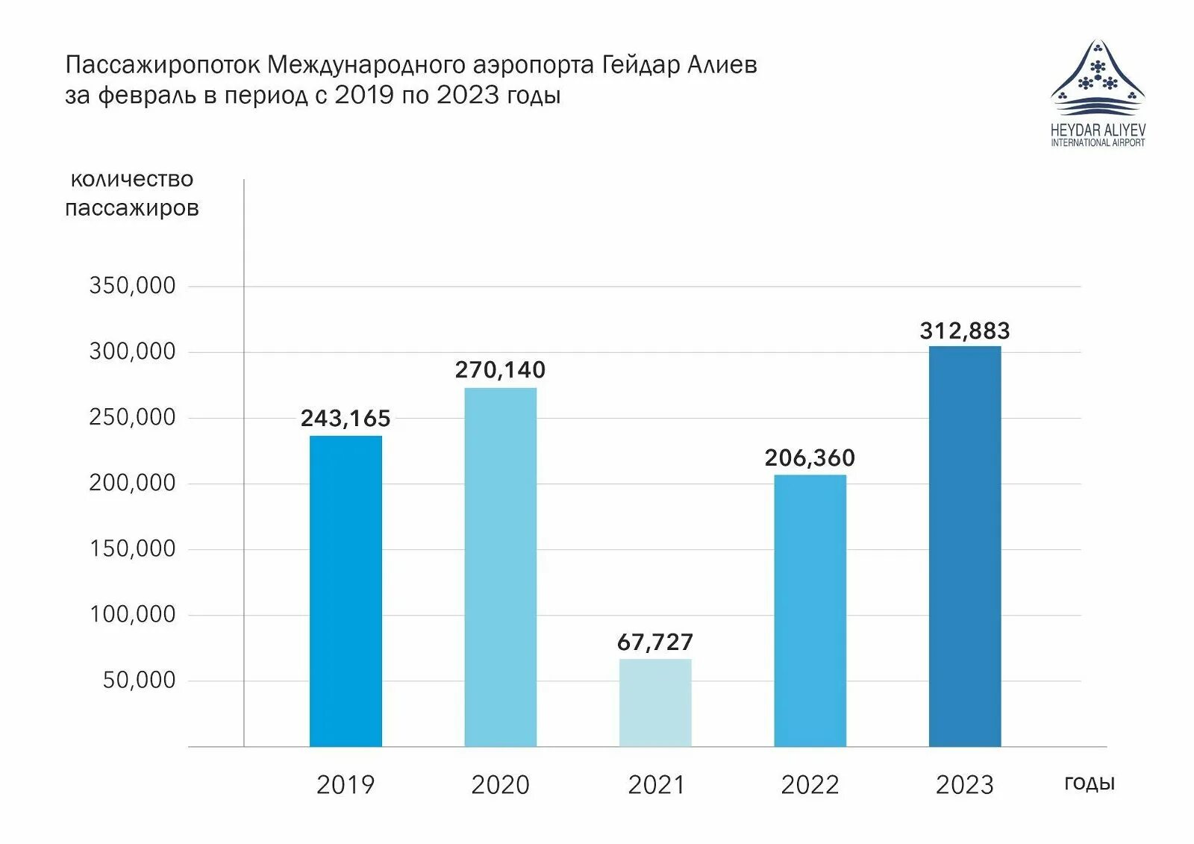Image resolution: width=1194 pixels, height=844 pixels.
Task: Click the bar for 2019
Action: tap(346, 591)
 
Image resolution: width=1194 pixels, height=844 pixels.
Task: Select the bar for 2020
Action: tap(500, 567)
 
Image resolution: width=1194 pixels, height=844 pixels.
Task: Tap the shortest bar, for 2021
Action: tap(655, 702)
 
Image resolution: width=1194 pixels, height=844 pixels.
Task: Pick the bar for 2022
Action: tap(810, 610)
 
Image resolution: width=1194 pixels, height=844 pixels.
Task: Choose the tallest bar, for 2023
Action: tap(964, 546)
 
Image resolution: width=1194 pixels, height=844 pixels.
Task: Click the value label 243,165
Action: tap(346, 419)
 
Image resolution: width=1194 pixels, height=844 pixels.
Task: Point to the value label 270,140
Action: tap(500, 370)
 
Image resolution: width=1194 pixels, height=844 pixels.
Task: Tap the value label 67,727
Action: tap(655, 643)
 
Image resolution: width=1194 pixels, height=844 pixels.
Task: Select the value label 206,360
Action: tap(810, 458)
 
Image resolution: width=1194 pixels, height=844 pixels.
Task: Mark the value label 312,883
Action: tap(964, 331)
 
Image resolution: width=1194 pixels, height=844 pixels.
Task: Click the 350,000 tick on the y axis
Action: tap(132, 286)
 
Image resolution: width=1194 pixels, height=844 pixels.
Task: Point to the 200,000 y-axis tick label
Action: tap(132, 483)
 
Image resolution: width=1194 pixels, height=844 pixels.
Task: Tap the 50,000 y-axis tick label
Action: tap(139, 680)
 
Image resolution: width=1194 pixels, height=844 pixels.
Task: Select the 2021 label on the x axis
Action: tap(656, 785)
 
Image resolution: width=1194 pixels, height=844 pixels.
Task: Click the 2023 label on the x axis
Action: tap(964, 785)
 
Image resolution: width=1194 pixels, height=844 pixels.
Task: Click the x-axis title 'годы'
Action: tap(1089, 783)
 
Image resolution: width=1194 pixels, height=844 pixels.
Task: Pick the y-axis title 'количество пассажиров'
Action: tap(132, 193)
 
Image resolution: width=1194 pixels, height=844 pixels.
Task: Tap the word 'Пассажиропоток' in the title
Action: tap(163, 66)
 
